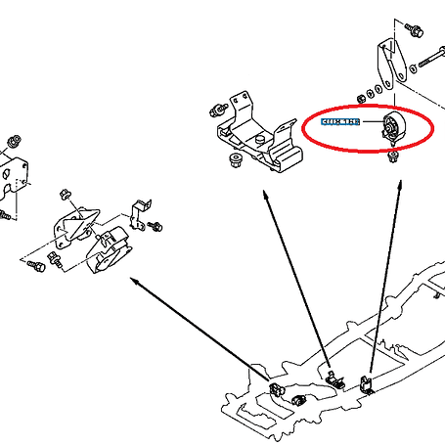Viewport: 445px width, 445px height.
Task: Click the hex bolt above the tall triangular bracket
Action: tap(413, 29)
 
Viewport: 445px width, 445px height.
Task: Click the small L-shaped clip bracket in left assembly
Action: tap(140, 208)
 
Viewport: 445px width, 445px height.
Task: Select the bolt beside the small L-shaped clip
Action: tap(156, 227)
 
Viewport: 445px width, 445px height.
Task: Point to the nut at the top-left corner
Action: tap(15, 136)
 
